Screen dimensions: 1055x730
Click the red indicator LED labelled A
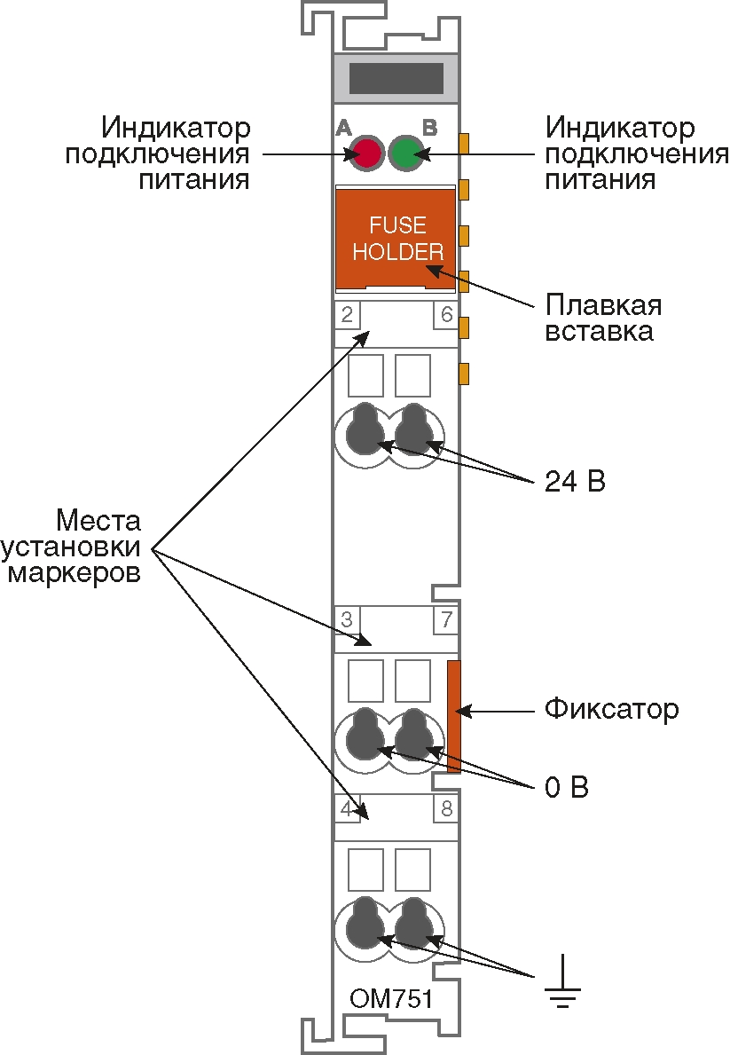(365, 154)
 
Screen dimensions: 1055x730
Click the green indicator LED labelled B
(405, 154)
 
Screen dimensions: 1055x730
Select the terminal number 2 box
(346, 315)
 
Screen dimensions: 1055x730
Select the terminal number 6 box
(446, 315)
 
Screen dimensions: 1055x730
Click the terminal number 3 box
(346, 619)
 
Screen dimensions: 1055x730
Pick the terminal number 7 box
(446, 619)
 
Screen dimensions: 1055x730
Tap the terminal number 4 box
(346, 808)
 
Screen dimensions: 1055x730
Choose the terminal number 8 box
(446, 808)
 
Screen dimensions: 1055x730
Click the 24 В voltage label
(574, 484)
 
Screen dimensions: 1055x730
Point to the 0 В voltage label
(567, 788)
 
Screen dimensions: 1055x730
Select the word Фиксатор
(611, 710)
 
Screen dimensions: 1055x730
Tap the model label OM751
(391, 999)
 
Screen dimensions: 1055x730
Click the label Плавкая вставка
(604, 319)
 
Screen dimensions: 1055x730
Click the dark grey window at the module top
(396, 78)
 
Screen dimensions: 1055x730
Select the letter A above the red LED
(344, 128)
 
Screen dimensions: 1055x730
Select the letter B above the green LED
(429, 128)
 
